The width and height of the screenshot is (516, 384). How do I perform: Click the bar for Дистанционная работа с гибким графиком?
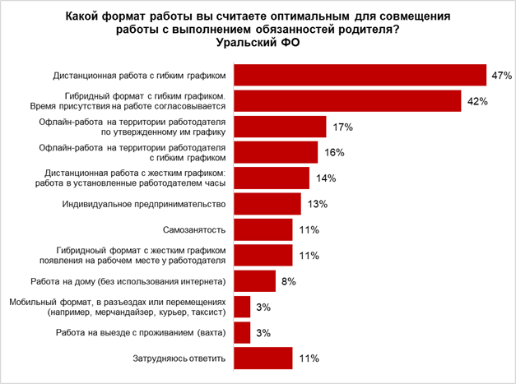pyautogui.click(x=360, y=76)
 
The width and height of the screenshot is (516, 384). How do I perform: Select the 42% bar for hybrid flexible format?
pyautogui.click(x=346, y=101)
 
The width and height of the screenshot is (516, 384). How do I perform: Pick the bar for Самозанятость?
pyautogui.click(x=263, y=229)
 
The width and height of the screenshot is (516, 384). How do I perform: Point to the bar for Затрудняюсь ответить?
pyautogui.click(x=263, y=358)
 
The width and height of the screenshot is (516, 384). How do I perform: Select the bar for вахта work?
pyautogui.click(x=242, y=332)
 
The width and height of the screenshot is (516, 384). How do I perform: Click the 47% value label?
pyautogui.click(x=501, y=76)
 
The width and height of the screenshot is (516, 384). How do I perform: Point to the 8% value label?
pyautogui.click(x=288, y=281)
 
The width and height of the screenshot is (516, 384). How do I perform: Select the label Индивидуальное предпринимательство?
pyautogui.click(x=144, y=204)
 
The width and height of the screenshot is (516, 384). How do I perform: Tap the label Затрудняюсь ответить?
pyautogui.click(x=179, y=358)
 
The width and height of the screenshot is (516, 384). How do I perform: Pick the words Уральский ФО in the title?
pyautogui.click(x=257, y=43)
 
